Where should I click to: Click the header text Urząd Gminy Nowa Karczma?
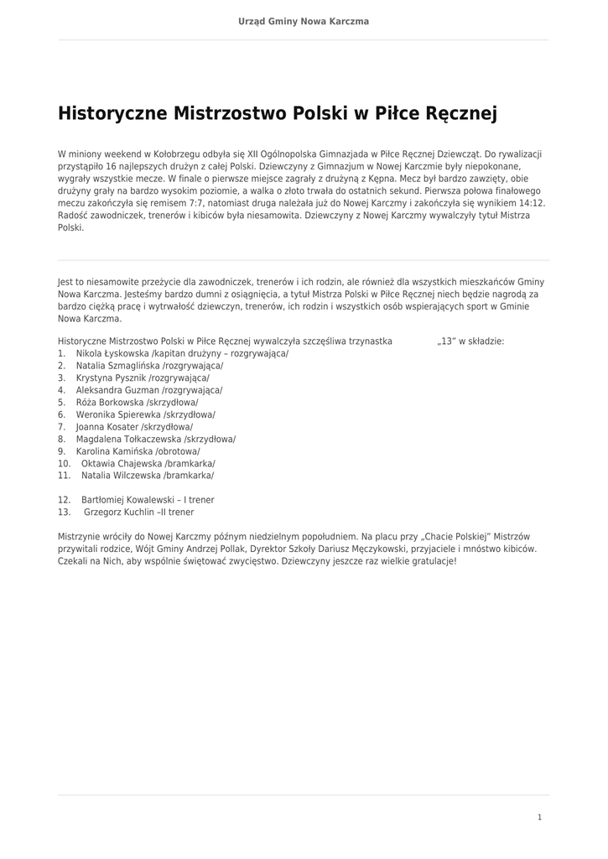tap(304, 21)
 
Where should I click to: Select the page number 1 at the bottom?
tap(539, 816)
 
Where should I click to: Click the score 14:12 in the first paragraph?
tap(529, 202)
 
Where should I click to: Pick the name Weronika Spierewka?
tap(113, 414)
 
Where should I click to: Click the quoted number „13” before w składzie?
tap(446, 341)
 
